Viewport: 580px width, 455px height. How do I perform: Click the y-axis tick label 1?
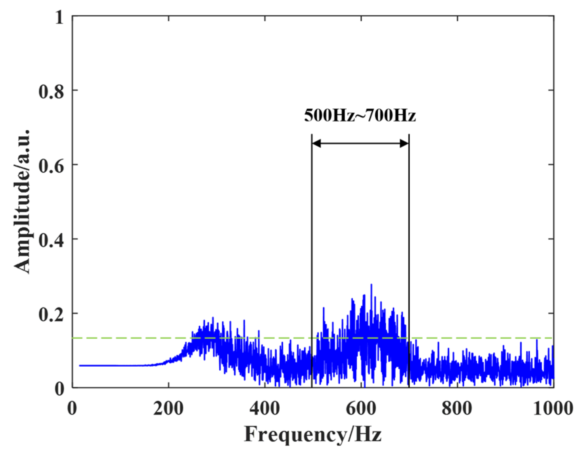(x=60, y=17)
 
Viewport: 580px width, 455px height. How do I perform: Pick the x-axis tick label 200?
(x=168, y=408)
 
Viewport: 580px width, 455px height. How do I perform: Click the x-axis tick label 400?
(x=264, y=408)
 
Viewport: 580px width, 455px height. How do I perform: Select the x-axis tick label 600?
(x=361, y=408)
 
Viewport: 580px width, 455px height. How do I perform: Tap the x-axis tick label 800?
(x=457, y=408)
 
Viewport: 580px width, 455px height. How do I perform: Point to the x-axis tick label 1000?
(x=553, y=408)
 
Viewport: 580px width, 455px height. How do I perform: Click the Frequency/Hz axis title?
(x=313, y=434)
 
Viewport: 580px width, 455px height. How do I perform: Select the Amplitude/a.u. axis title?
(x=22, y=201)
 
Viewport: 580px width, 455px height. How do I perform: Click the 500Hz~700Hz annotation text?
(x=360, y=115)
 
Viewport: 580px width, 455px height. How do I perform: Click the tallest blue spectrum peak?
(x=371, y=285)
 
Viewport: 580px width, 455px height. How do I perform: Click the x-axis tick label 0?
(x=72, y=408)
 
